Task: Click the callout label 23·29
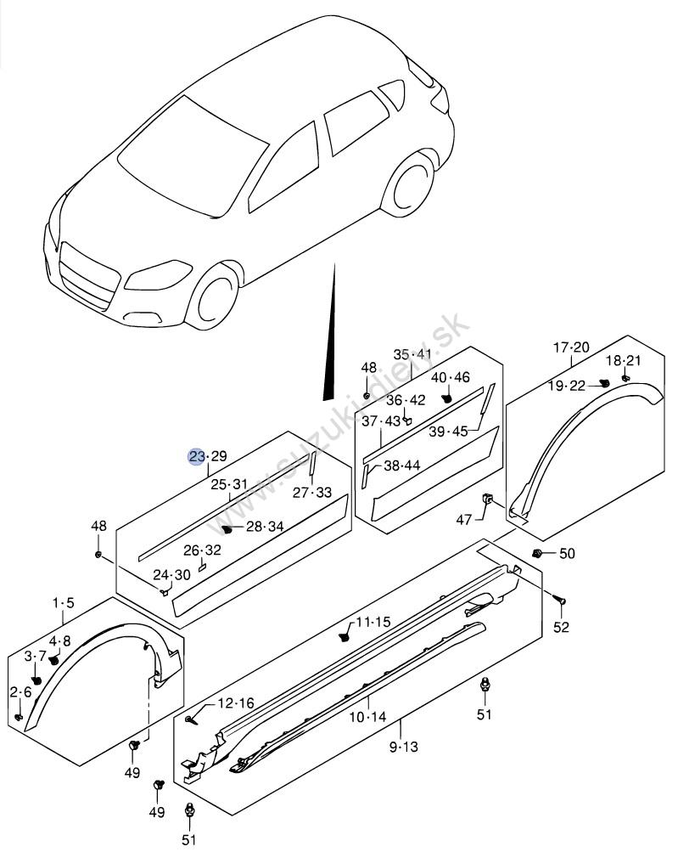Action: point(207,456)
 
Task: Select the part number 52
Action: point(561,627)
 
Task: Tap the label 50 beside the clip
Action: point(567,553)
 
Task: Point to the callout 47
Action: point(463,520)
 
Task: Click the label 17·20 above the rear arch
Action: point(571,347)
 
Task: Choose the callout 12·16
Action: point(236,703)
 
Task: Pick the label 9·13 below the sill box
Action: point(404,747)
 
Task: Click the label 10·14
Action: point(367,717)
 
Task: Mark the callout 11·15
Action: point(373,622)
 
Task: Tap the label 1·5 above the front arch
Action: point(64,602)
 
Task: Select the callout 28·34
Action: point(265,526)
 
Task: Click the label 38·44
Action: point(401,465)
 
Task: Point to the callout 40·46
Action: point(451,377)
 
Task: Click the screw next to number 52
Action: point(560,600)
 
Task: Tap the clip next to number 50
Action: point(538,553)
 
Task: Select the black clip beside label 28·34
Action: point(227,528)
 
